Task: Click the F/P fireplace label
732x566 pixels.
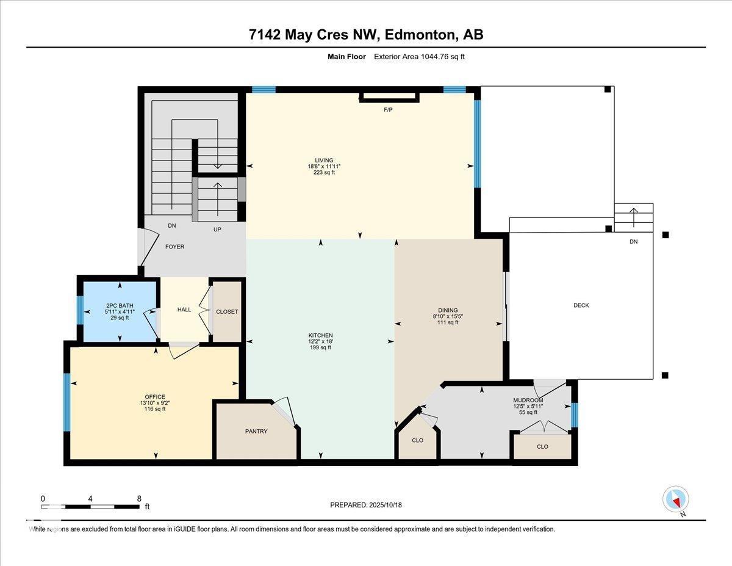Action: tap(387, 110)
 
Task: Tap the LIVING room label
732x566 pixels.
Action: tap(320, 161)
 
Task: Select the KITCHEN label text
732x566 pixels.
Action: tap(320, 335)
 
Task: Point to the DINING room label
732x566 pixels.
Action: tap(447, 310)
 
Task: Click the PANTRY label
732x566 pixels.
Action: tap(257, 431)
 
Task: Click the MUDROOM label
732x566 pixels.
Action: tap(528, 401)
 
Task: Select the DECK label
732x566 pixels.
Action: tap(581, 305)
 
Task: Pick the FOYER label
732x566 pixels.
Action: tap(174, 247)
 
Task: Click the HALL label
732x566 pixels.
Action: tap(184, 310)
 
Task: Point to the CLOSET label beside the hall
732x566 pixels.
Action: tap(227, 311)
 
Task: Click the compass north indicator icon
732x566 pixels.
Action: tap(675, 500)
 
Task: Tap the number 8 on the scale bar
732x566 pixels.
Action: tap(139, 498)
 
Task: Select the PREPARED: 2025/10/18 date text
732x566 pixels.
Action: tap(366, 505)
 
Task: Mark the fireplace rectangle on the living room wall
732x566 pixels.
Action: tap(389, 96)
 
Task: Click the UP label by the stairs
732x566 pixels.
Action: tap(217, 230)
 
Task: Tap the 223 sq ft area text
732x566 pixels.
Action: tap(320, 173)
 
